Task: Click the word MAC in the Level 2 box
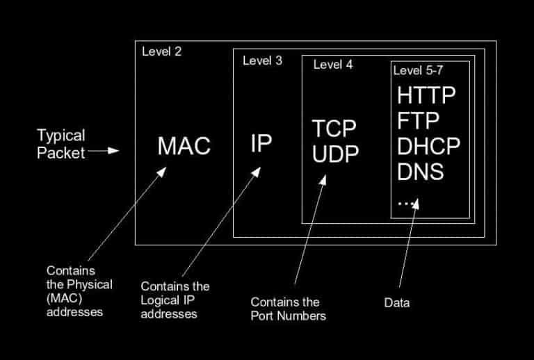pyautogui.click(x=184, y=145)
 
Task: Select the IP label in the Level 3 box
pyautogui.click(x=261, y=143)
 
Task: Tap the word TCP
pyautogui.click(x=334, y=129)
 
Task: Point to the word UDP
pyautogui.click(x=335, y=153)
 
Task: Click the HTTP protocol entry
pyautogui.click(x=427, y=95)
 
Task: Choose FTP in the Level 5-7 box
pyautogui.click(x=419, y=121)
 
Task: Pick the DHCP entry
pyautogui.click(x=429, y=146)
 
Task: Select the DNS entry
pyautogui.click(x=421, y=171)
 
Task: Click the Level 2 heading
pyautogui.click(x=161, y=51)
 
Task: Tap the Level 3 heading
pyautogui.click(x=262, y=60)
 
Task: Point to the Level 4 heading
pyautogui.click(x=333, y=65)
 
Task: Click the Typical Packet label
pyautogui.click(x=60, y=142)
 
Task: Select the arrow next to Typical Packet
pyautogui.click(x=105, y=149)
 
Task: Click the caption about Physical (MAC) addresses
pyautogui.click(x=79, y=291)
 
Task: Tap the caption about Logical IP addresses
pyautogui.click(x=175, y=300)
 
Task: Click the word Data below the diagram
pyautogui.click(x=397, y=303)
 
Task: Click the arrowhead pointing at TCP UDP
pyautogui.click(x=324, y=179)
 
